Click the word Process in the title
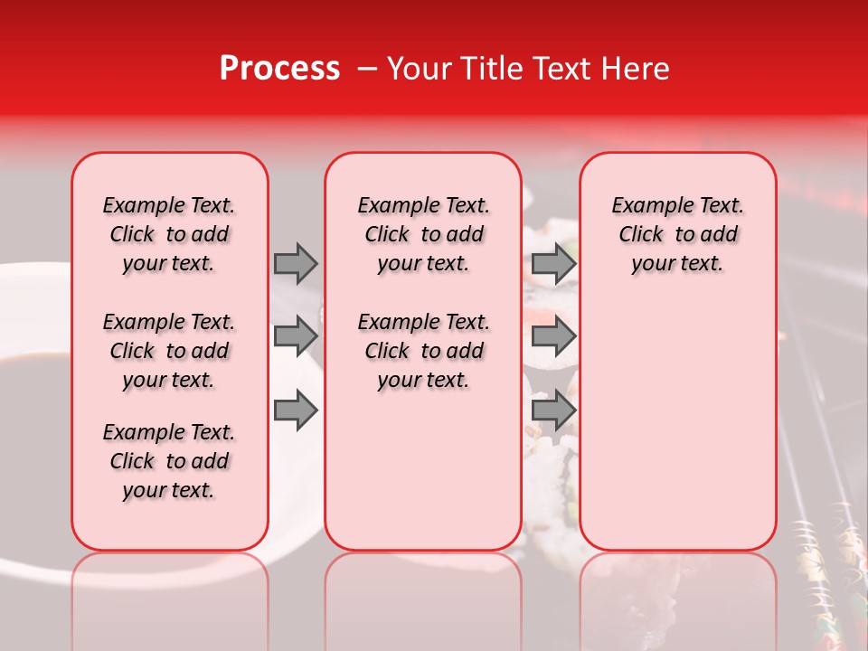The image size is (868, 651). coord(279,69)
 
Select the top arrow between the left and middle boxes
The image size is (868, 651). coord(296,263)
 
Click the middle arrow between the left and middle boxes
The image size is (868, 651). coord(296,336)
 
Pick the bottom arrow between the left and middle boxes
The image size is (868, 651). coord(296,410)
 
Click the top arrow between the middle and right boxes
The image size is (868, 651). coord(553,263)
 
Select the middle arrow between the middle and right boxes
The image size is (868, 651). coord(553,336)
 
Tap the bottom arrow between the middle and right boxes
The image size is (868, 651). coord(553,410)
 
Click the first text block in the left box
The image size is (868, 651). coord(169,234)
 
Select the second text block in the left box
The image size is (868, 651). coord(169,351)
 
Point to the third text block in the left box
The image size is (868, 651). coord(169,461)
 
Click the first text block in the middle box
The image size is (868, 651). coord(423,234)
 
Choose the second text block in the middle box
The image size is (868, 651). coord(423,351)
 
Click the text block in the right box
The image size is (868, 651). coord(677,234)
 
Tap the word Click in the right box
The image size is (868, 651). coord(641,235)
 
